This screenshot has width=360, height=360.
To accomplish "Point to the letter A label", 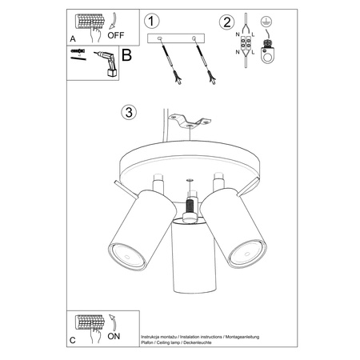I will [74, 38].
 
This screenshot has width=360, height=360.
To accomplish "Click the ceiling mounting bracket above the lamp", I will [190, 122].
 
